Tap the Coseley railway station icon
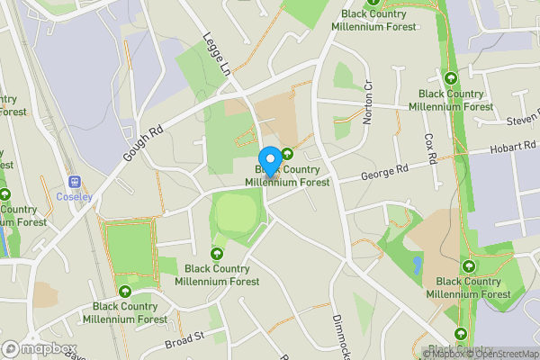[73, 180]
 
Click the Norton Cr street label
[368, 101]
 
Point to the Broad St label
[185, 339]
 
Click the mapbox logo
[38, 348]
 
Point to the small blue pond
[417, 264]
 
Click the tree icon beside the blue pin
[288, 153]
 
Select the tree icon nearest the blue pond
[468, 266]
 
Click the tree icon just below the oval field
[217, 254]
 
